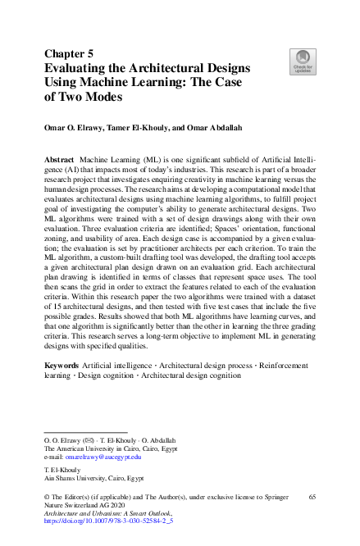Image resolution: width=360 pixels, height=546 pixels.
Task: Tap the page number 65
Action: pyautogui.click(x=311, y=497)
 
